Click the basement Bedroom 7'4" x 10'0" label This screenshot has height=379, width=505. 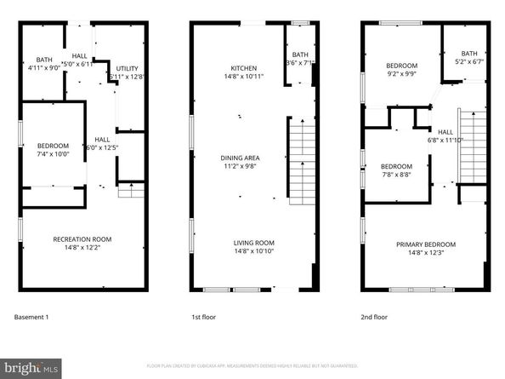52,150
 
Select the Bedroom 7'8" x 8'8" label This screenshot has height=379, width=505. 395,170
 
